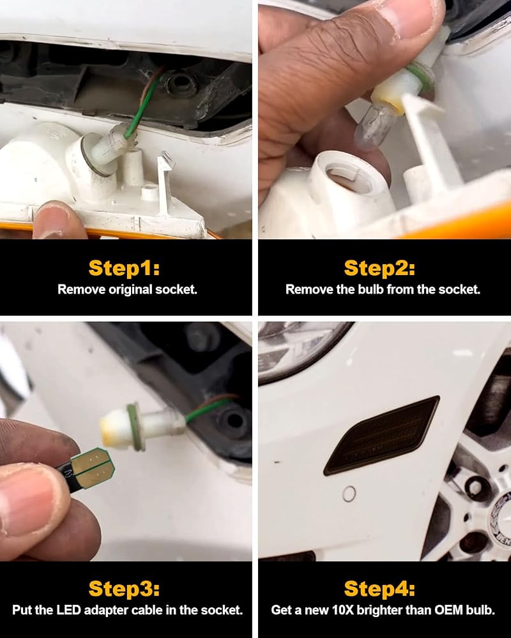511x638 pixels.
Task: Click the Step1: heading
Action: pos(124,268)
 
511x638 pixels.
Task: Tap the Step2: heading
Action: pos(379,268)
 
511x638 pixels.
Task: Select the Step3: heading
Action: pos(124,588)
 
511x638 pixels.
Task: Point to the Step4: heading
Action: pos(379,588)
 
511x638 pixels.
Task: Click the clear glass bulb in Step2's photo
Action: pos(374,124)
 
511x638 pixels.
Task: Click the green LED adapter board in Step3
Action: pos(92,468)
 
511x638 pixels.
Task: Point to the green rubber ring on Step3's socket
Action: pos(135,427)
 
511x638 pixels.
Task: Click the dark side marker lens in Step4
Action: pos(381,435)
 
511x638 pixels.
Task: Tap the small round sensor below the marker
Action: pos(349,494)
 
